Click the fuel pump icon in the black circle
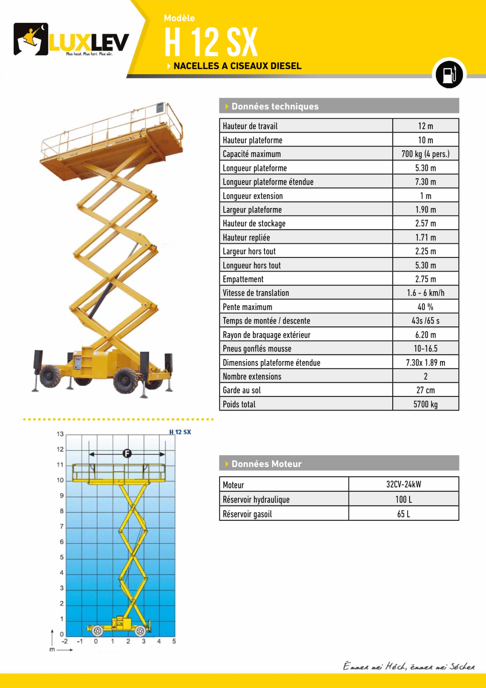pos(449,74)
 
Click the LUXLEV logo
pos(71,40)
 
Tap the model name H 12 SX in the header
pos(211,42)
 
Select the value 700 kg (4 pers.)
pos(425,154)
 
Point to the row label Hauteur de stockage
pos(254,223)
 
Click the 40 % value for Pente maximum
pos(425,307)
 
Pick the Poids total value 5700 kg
pos(425,404)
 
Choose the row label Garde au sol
pos(242,390)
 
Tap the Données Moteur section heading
pos(267,464)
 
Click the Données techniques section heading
pos(275,106)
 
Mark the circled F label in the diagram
pos(127,453)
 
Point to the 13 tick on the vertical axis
pos(60,434)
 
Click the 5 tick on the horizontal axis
pos(174,641)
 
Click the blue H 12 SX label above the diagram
pos(180,432)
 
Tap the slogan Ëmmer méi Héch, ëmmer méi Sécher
pos(408,666)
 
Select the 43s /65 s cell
pos(425,321)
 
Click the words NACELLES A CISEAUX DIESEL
pos(237,66)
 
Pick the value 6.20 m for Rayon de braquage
pos(425,335)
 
